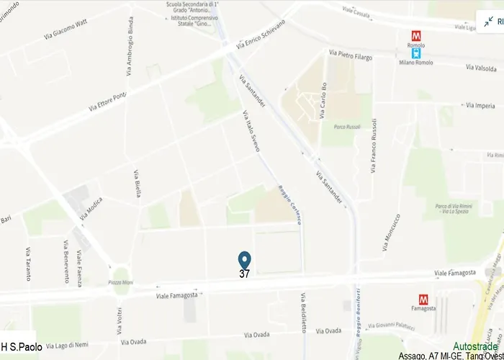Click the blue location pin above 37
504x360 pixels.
(x=244, y=260)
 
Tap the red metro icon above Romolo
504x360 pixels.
(x=415, y=35)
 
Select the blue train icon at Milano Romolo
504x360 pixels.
(x=415, y=52)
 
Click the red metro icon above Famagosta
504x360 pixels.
(x=423, y=298)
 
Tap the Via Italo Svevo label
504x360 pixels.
(x=251, y=130)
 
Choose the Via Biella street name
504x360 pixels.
(x=137, y=184)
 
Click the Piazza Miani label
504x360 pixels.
(x=121, y=283)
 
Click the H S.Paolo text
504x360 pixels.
(x=22, y=346)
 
